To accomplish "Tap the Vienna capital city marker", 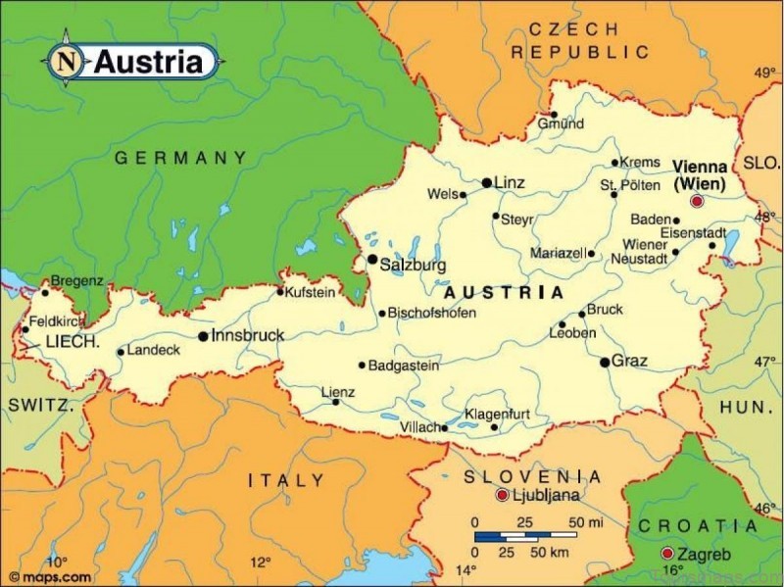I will (697, 201).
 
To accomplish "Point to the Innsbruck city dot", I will (203, 336).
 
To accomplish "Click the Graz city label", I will (629, 362).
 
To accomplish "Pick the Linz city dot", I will (486, 183).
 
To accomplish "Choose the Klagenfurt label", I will (497, 415).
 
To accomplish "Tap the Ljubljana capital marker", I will (502, 495).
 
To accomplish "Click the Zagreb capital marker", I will (667, 553).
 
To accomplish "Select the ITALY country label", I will (285, 480).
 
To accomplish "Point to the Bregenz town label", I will (76, 281).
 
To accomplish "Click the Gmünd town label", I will (561, 124).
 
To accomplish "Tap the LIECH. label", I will (73, 342).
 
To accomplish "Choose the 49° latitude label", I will (764, 73).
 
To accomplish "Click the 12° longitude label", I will (260, 563).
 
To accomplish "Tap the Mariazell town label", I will (557, 253).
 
